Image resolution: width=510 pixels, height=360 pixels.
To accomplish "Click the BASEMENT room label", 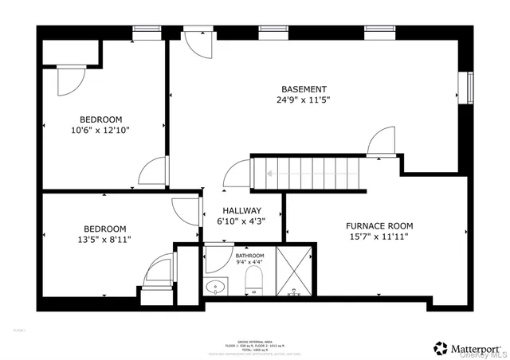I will click(x=304, y=89).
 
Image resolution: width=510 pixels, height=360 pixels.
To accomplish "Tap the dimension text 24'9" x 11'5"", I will click(x=304, y=101).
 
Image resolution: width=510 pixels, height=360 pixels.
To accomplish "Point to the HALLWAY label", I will click(x=241, y=211).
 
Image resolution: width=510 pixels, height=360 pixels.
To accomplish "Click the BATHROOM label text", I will click(x=249, y=255).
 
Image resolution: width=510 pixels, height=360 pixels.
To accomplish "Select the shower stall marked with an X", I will click(x=296, y=272).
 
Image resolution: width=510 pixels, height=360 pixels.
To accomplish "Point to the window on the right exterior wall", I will click(x=470, y=87).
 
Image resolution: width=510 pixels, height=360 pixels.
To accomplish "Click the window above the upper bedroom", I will click(x=145, y=33).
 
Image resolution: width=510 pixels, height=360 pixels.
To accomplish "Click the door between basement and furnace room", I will click(x=383, y=143).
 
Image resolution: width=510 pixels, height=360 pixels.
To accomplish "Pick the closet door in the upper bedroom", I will click(x=71, y=80).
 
